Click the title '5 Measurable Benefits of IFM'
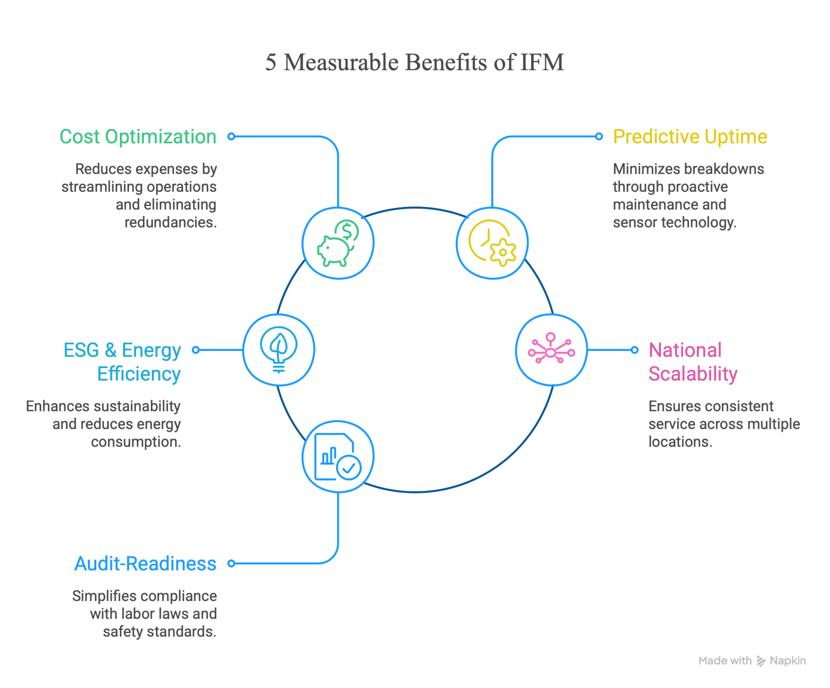tap(414, 62)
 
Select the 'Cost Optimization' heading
tap(138, 137)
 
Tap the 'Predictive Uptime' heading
tap(690, 137)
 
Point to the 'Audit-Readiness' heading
tap(145, 564)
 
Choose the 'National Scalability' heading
tap(693, 362)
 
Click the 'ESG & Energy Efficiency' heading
tap(123, 362)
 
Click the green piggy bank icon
tap(338, 243)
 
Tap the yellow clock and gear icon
tap(492, 243)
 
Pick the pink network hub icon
tap(551, 348)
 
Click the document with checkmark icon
tap(338, 457)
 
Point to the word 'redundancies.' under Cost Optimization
tap(171, 222)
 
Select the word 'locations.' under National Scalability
tap(680, 442)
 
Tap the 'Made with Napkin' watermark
tap(752, 660)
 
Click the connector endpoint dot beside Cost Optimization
tap(231, 137)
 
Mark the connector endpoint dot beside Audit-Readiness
tap(231, 564)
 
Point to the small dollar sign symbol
tap(346, 231)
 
